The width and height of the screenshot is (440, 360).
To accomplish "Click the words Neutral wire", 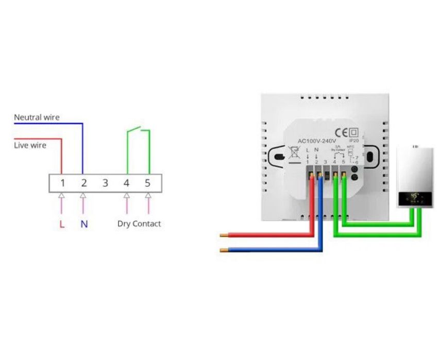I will [x=37, y=117].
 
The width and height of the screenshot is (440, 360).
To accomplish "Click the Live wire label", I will [x=30, y=145].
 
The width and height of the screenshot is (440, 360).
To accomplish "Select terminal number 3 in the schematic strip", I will [x=105, y=183].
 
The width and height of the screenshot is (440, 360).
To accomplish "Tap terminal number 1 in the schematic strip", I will [x=62, y=183].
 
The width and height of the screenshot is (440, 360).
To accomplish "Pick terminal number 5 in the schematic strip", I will [x=148, y=183].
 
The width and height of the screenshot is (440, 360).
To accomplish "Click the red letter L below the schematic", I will [x=62, y=224].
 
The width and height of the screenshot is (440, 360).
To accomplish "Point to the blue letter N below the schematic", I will [x=84, y=224].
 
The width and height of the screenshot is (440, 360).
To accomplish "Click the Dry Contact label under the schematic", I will [x=139, y=224].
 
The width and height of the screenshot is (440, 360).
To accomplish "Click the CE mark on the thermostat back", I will [x=342, y=131].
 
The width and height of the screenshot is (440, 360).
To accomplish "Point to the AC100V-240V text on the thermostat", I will [x=317, y=141].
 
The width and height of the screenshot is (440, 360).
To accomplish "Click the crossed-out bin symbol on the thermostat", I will [x=295, y=153].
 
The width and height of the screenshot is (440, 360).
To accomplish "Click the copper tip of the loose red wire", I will [x=224, y=235].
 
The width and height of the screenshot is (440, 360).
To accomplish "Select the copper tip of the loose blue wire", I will [x=224, y=251].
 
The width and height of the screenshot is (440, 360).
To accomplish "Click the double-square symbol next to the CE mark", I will [x=354, y=131].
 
